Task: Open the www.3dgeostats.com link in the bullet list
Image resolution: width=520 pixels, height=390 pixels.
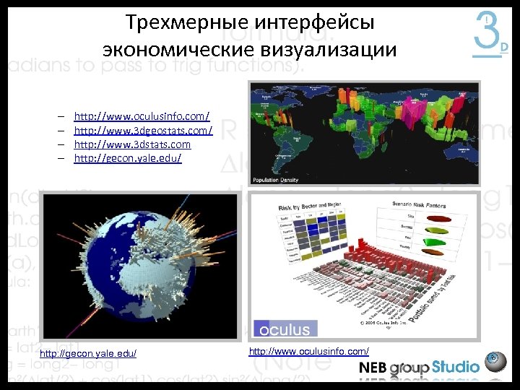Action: (x=143, y=131)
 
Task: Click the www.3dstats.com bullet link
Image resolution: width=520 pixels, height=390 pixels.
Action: (x=132, y=144)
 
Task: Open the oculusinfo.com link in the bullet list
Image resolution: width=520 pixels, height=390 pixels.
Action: (x=142, y=116)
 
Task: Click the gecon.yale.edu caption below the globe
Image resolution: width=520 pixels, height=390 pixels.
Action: (x=88, y=353)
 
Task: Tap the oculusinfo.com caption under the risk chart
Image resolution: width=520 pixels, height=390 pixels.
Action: (x=308, y=351)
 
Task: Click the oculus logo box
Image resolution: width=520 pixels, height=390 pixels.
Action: (x=285, y=329)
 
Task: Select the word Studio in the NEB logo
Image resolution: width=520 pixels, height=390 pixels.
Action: (x=456, y=367)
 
